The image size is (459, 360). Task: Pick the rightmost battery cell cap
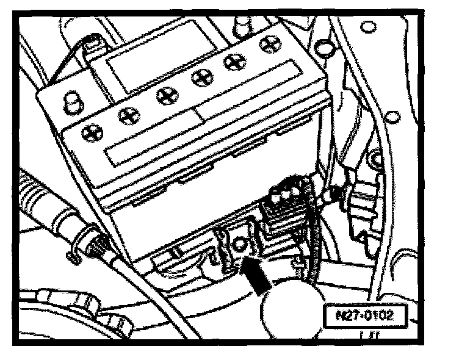(x=267, y=43)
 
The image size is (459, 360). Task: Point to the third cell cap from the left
(x=163, y=95)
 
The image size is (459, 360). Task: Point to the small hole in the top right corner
(x=367, y=26)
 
